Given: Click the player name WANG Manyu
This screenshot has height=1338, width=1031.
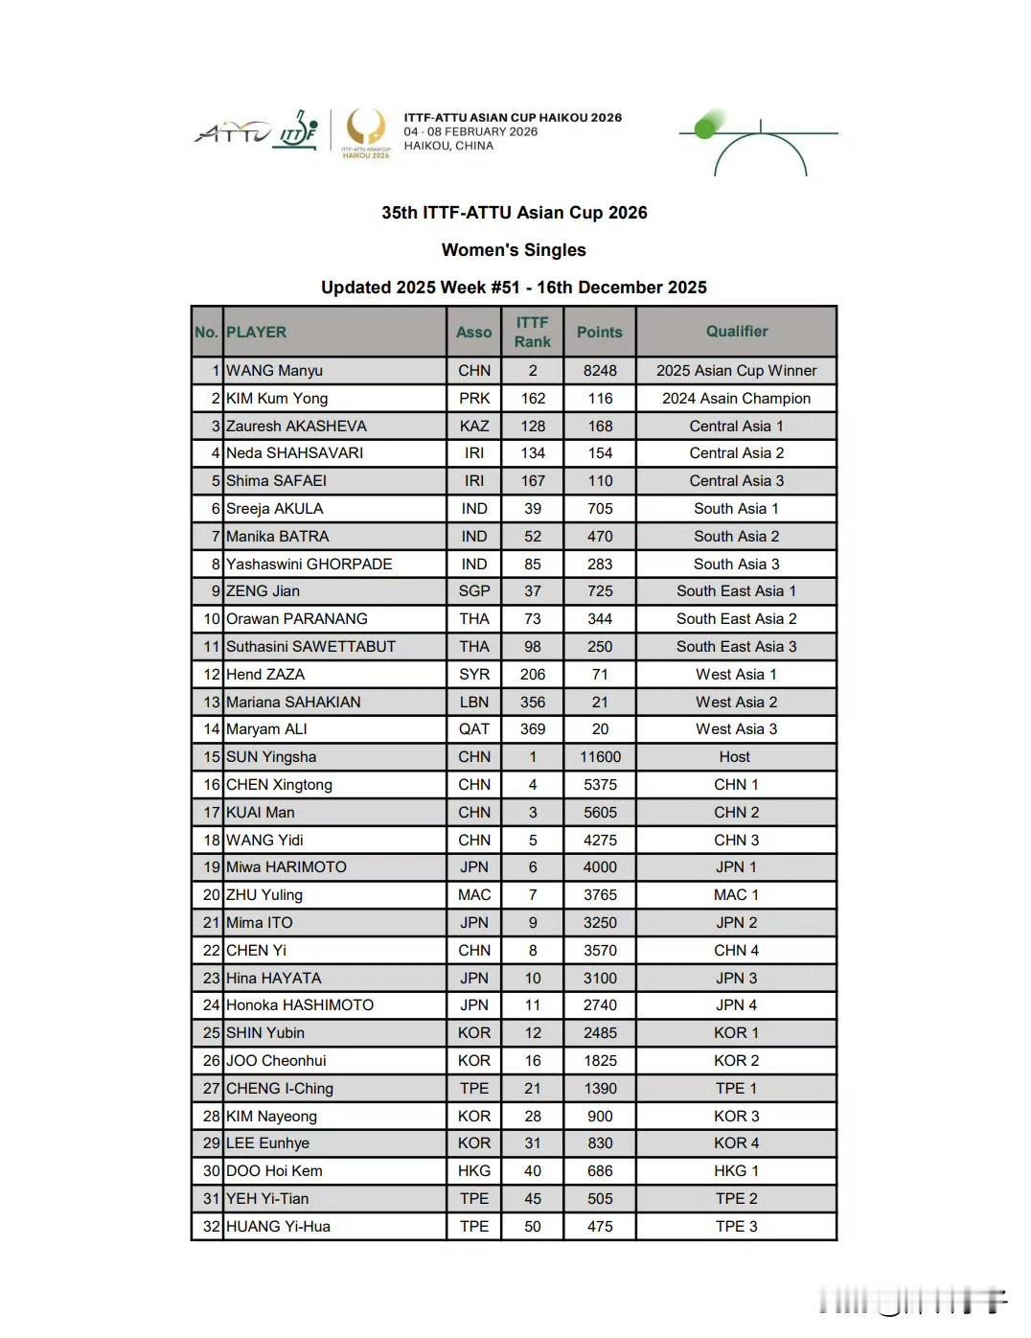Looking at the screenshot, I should [x=274, y=371].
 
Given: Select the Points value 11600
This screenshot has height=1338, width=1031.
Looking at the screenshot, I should [x=600, y=757].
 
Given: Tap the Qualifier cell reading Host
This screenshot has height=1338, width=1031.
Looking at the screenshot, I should [x=735, y=757].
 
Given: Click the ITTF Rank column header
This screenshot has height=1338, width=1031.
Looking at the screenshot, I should [x=533, y=332].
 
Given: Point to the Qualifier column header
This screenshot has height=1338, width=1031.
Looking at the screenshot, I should [x=736, y=332].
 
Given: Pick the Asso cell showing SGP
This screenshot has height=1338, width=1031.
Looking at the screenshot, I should [x=474, y=591].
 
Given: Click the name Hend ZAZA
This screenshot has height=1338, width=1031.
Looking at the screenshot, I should [x=265, y=675].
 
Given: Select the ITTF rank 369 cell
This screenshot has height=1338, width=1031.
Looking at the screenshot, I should [x=533, y=729].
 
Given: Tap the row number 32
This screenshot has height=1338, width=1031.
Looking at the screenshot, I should [x=211, y=1227].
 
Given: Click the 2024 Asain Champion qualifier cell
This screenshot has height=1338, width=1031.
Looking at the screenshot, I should [x=736, y=399].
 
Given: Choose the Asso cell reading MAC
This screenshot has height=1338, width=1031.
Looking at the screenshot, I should [x=474, y=895].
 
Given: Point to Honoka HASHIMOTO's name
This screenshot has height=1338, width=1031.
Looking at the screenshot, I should [x=300, y=1005].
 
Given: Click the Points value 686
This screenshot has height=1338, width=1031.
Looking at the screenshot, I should [x=600, y=1171].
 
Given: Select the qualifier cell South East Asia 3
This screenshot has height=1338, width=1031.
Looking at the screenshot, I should [x=736, y=647].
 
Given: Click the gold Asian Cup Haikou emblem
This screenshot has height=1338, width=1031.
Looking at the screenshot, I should [x=366, y=131].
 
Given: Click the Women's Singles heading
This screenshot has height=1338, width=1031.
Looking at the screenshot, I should [x=514, y=250].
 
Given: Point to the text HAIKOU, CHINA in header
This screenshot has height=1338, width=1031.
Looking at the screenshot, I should [x=448, y=146].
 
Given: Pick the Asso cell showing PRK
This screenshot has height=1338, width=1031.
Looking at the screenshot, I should [x=474, y=399].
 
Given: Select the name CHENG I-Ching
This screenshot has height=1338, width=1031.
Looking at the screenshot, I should [x=280, y=1089].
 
